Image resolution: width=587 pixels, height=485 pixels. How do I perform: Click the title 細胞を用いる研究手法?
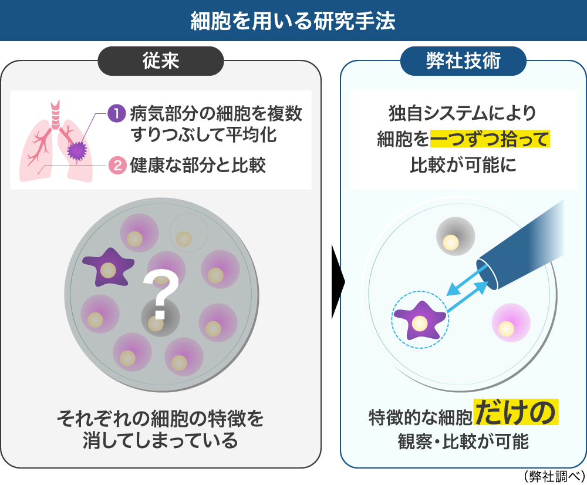click(293, 21)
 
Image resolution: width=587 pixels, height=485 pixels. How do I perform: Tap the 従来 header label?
click(160, 61)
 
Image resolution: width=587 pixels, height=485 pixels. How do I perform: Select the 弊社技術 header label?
click(463, 61)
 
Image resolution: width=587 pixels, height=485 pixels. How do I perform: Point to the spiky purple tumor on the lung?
click(76, 151)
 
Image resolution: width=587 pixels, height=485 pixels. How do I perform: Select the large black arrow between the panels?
click(337, 282)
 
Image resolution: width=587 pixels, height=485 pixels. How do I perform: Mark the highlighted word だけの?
click(515, 413)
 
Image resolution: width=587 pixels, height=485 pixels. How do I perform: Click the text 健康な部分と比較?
click(198, 165)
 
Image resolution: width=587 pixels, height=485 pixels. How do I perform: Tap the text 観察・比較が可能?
click(463, 442)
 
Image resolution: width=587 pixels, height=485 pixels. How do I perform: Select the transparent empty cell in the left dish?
click(188, 234)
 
